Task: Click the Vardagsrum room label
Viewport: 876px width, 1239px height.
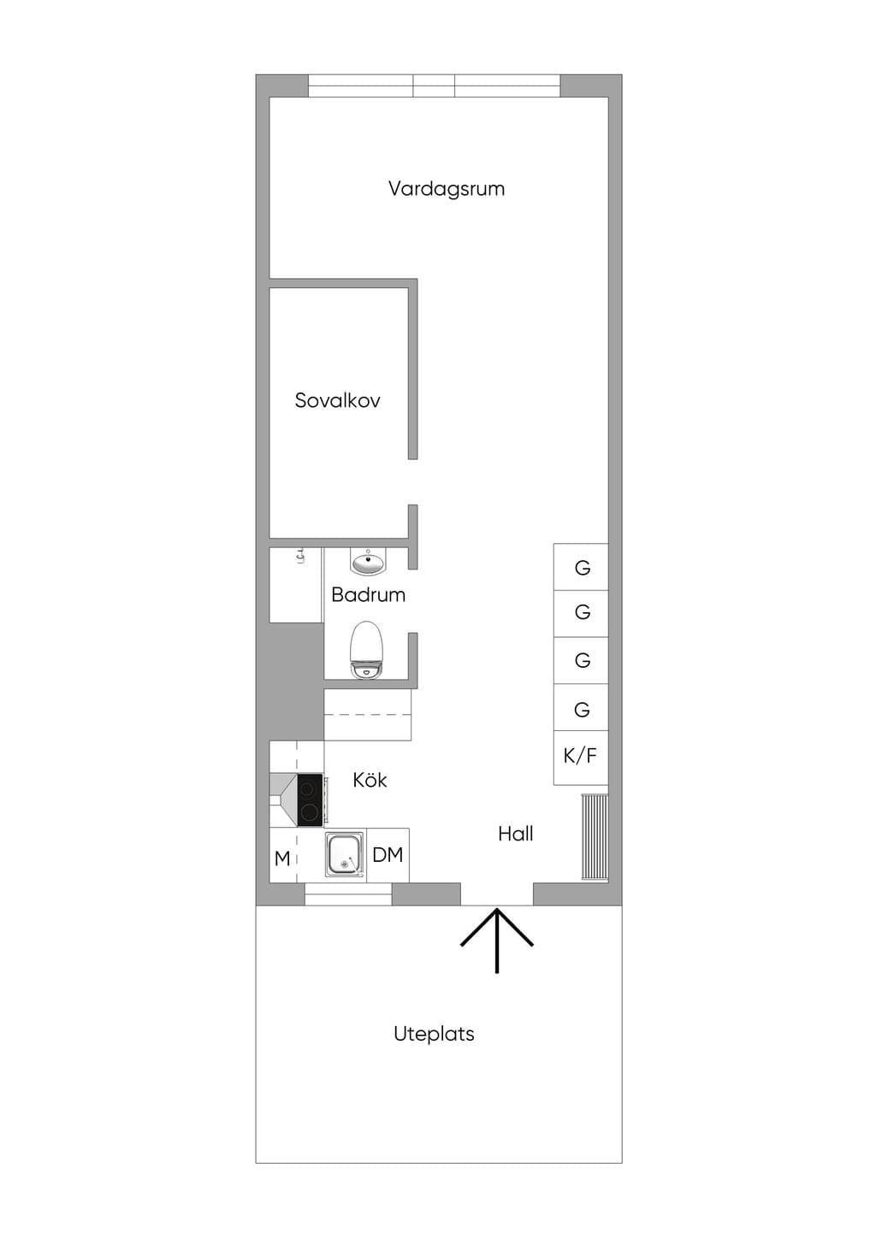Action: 446,189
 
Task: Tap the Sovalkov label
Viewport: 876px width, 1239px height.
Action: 337,400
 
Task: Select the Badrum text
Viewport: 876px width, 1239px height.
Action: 368,594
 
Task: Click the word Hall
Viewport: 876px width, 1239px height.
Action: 515,834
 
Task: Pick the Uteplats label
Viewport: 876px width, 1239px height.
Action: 434,1034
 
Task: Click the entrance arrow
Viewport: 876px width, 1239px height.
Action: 497,940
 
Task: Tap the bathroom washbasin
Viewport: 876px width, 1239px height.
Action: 368,562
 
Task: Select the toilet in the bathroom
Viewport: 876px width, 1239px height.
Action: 366,650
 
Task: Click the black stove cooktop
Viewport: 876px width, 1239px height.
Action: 310,800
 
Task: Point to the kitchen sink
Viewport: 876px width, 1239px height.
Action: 345,856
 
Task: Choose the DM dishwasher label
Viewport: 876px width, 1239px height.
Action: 388,855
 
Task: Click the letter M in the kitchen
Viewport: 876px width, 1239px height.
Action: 282,859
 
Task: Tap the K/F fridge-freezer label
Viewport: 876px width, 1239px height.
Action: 580,756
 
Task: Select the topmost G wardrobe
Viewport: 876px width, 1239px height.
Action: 582,568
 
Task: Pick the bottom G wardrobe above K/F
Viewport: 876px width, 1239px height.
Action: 582,708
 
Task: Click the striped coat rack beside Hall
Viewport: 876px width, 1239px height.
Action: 595,836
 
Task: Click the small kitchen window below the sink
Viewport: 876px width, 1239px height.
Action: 348,894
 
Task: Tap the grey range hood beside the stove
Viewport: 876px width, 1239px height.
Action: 283,800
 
